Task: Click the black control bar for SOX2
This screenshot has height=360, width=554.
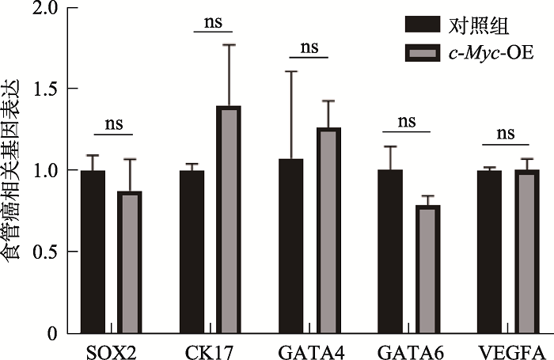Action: tap(93, 252)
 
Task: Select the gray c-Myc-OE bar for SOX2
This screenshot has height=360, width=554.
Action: tap(129, 262)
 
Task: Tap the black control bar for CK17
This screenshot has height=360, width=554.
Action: tap(192, 252)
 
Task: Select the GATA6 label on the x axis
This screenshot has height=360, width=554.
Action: tap(407, 351)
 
